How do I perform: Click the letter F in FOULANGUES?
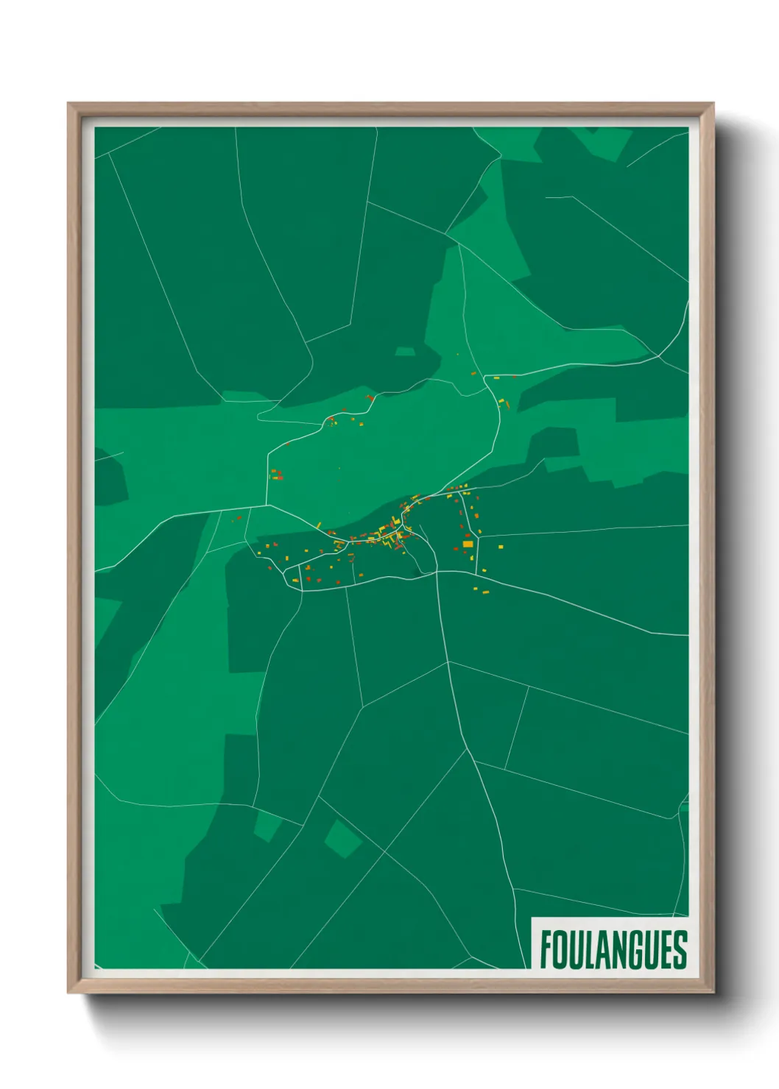coord(547,950)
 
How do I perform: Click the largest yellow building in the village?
coord(468,544)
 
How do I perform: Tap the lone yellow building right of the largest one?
coord(500,547)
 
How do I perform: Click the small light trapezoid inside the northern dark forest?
coord(405,352)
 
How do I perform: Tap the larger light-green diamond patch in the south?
coord(342,839)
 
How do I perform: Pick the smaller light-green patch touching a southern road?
coord(268,825)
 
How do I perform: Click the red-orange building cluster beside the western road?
coord(276,475)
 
